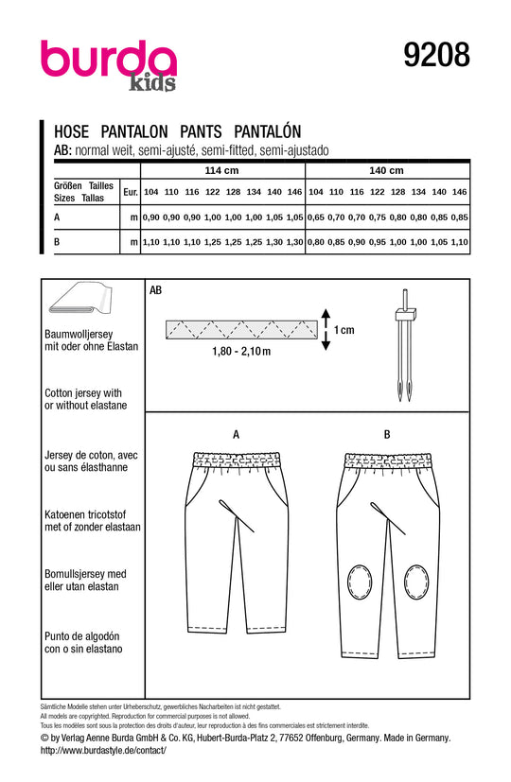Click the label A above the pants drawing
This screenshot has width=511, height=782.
pos(236,433)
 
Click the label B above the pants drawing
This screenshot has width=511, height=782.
pos(387,433)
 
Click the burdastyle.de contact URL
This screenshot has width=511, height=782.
pos(104,750)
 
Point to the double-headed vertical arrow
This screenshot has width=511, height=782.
pos(323,329)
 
